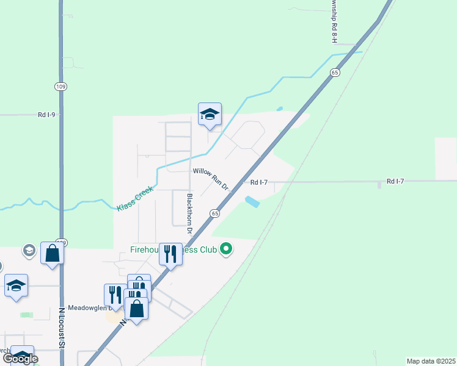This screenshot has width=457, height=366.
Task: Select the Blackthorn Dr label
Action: (x=189, y=214)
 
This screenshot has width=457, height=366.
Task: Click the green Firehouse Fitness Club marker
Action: (x=226, y=249)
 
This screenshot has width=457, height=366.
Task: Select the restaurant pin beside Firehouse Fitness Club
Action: (x=171, y=253)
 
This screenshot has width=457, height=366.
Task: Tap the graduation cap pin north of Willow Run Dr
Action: (x=210, y=114)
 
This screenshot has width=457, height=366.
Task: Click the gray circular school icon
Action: (x=29, y=250)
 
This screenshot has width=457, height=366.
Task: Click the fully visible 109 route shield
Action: (x=60, y=87)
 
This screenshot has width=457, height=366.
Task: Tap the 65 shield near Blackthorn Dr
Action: (x=214, y=213)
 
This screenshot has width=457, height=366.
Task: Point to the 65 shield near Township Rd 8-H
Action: (x=334, y=73)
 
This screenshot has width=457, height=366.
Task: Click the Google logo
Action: (x=20, y=358)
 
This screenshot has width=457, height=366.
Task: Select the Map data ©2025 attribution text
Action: (x=431, y=361)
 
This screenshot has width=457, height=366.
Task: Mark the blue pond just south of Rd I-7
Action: (x=252, y=201)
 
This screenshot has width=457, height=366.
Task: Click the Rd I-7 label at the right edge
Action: (x=395, y=182)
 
